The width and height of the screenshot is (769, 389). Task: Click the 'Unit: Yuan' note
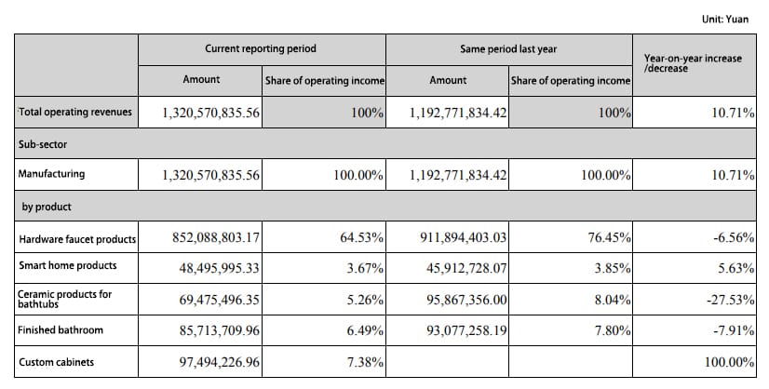point(725,20)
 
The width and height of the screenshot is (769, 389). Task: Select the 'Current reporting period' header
point(261,48)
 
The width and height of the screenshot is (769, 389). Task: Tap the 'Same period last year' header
point(508,49)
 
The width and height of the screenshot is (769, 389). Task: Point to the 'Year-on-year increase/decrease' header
point(693,63)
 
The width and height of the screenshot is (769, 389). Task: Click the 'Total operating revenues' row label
point(75,112)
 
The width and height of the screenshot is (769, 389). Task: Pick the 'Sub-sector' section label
point(43,144)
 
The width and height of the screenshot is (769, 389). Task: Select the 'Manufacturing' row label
point(51,174)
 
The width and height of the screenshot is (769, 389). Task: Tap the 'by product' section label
point(47,207)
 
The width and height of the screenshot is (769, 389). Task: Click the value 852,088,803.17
point(216,237)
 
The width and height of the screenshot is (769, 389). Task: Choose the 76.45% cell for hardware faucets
point(609,237)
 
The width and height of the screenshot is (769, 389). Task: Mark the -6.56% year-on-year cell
point(734,237)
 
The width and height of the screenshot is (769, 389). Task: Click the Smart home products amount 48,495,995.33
point(219,268)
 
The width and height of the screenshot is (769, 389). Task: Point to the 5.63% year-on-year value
point(736,268)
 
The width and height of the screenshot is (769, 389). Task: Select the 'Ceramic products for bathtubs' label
point(65,299)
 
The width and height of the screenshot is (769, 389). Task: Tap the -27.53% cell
point(730,300)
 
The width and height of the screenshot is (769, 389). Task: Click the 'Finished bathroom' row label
point(61,329)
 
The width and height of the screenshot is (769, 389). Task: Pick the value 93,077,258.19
point(466,330)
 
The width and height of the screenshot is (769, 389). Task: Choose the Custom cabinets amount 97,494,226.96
point(219,363)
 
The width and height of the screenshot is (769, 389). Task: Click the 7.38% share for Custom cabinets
point(365,363)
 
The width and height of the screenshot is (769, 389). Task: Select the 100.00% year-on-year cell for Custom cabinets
point(729,363)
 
